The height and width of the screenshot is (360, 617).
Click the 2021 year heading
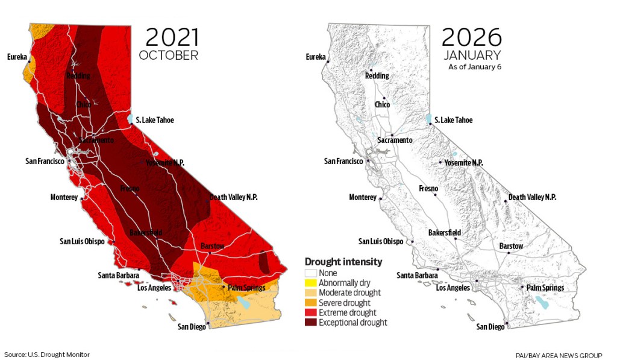pos(172,37)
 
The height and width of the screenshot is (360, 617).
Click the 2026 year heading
pos(471,37)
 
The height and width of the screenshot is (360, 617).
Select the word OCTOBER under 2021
pos(168,55)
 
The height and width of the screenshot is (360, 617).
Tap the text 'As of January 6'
pos(475,67)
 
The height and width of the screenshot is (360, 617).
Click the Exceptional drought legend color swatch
pos(310,323)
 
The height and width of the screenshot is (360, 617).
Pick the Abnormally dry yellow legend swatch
pos(310,283)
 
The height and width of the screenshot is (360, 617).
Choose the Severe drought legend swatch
pos(310,303)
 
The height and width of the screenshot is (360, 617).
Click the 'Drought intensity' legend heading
pos(343,262)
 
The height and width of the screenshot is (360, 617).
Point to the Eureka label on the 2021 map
pos(17,57)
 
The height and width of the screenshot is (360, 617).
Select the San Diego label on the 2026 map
pos(490,327)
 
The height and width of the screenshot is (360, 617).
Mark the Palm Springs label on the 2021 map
pos(246,288)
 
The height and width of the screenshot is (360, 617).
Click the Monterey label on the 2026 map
pos(363,197)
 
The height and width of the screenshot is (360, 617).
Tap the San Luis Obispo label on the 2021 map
pos(82,241)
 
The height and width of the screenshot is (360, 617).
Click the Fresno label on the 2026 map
pos(428,189)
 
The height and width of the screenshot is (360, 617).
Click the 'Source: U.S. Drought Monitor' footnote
pos(47,355)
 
